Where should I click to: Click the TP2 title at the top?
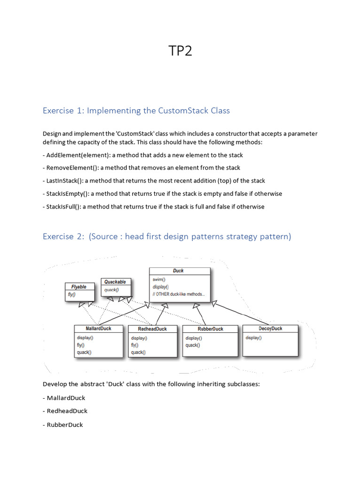(180, 51)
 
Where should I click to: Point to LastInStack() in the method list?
(63, 181)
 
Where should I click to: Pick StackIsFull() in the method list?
(63, 207)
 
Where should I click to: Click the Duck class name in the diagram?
(179, 271)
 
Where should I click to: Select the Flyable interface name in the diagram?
(79, 287)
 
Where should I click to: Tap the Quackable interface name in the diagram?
(115, 282)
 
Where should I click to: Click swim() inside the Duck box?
(159, 279)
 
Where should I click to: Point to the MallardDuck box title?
(99, 329)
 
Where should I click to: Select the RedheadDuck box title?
(152, 329)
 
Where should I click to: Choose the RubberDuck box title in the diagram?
(211, 329)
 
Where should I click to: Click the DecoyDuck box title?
(270, 329)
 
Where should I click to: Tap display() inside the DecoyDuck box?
(253, 337)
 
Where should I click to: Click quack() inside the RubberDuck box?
(193, 345)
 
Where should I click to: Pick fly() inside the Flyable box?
(71, 295)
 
